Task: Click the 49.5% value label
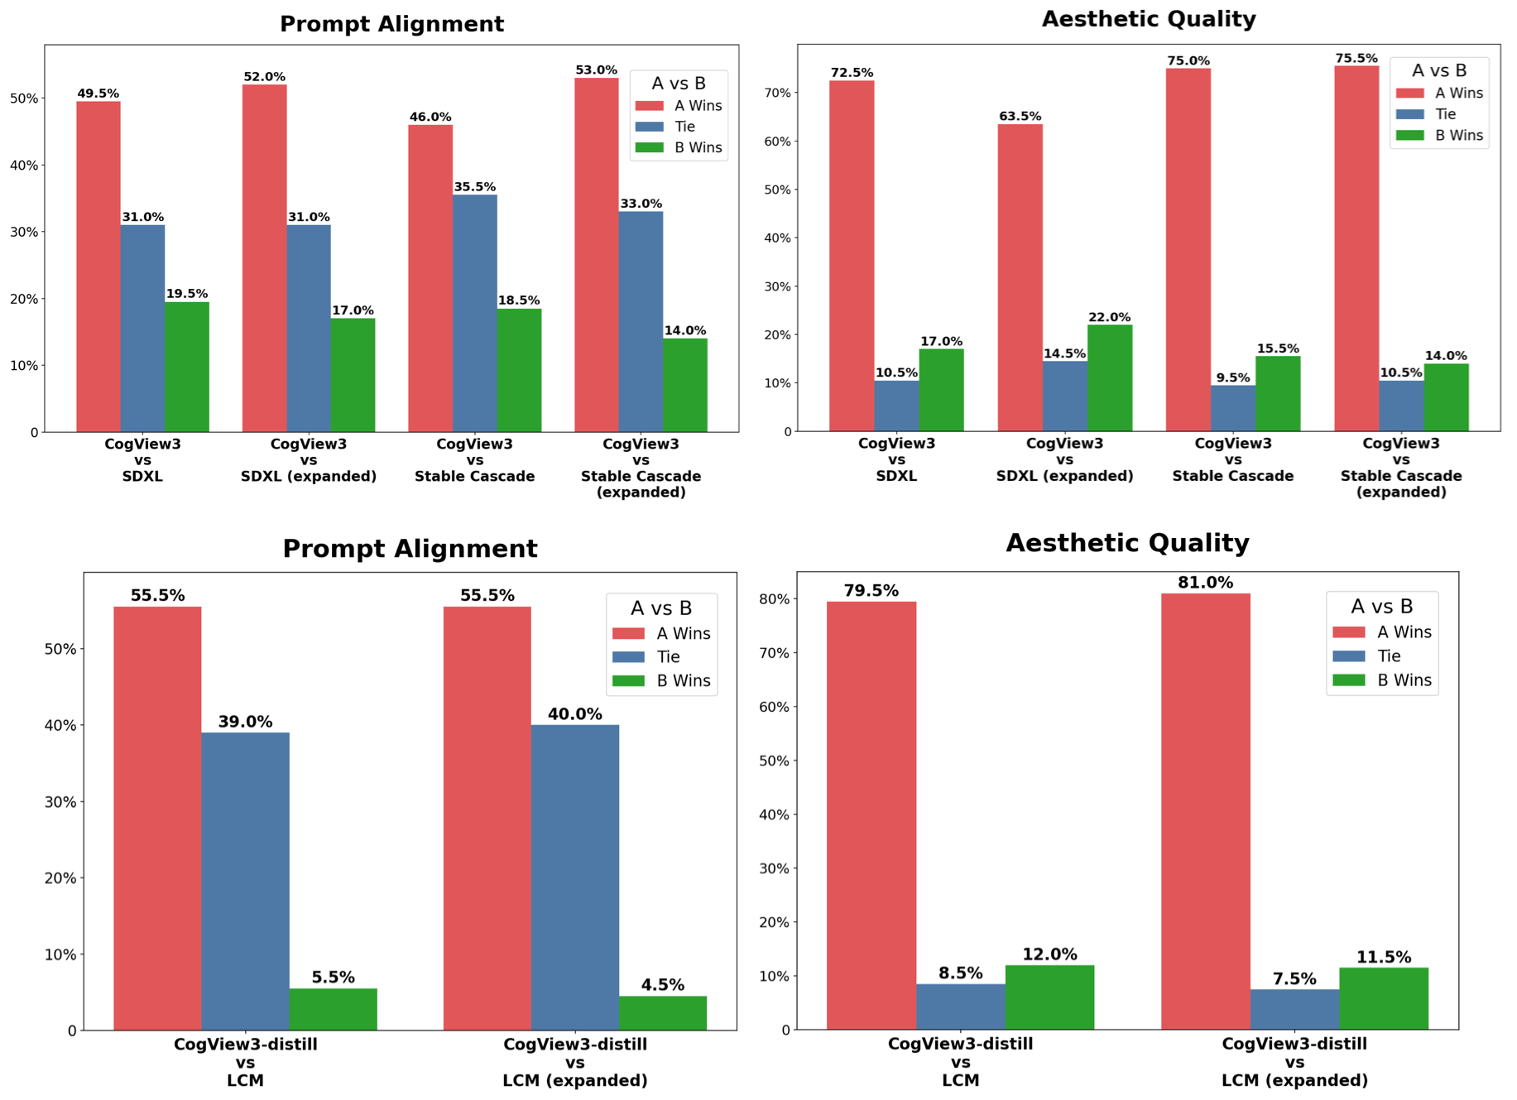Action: pyautogui.click(x=98, y=94)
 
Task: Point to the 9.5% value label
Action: pyautogui.click(x=1232, y=378)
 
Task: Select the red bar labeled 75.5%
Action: pyautogui.click(x=1356, y=247)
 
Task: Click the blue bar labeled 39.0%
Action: pyautogui.click(x=245, y=881)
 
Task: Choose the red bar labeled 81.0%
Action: pyautogui.click(x=1205, y=811)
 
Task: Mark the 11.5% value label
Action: pyautogui.click(x=1383, y=958)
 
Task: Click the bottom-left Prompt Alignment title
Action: pyautogui.click(x=410, y=549)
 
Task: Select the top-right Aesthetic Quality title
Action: pyautogui.click(x=1148, y=19)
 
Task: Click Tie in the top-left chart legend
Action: pyautogui.click(x=684, y=127)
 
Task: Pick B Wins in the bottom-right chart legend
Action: pyautogui.click(x=1404, y=680)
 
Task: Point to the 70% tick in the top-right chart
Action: pyautogui.click(x=778, y=93)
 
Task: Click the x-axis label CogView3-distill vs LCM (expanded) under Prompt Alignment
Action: pyautogui.click(x=575, y=1062)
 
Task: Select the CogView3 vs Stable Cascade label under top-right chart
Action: pyautogui.click(x=1232, y=459)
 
